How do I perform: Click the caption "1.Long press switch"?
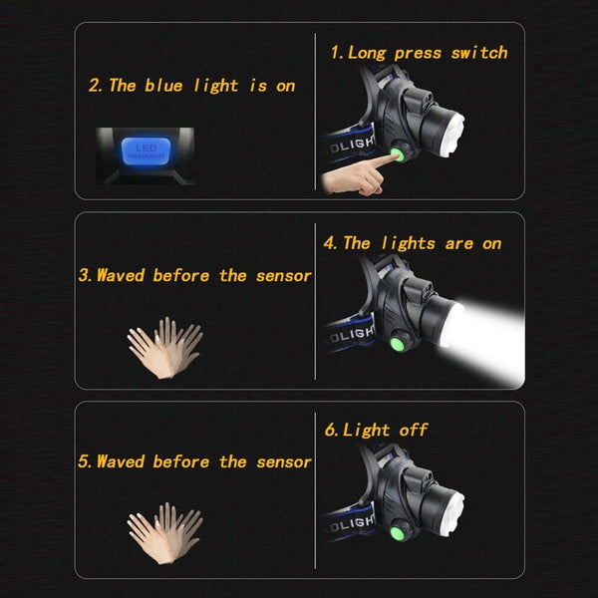(x=419, y=53)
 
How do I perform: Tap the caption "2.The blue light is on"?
(x=192, y=86)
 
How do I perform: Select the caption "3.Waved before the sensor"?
(x=195, y=275)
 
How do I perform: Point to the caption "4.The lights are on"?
(x=412, y=243)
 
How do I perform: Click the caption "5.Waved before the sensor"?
(x=195, y=461)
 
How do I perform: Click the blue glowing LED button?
(x=139, y=151)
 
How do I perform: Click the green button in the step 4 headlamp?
(x=394, y=345)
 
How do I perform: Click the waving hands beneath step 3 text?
(x=164, y=347)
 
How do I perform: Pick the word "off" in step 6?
(x=412, y=430)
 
